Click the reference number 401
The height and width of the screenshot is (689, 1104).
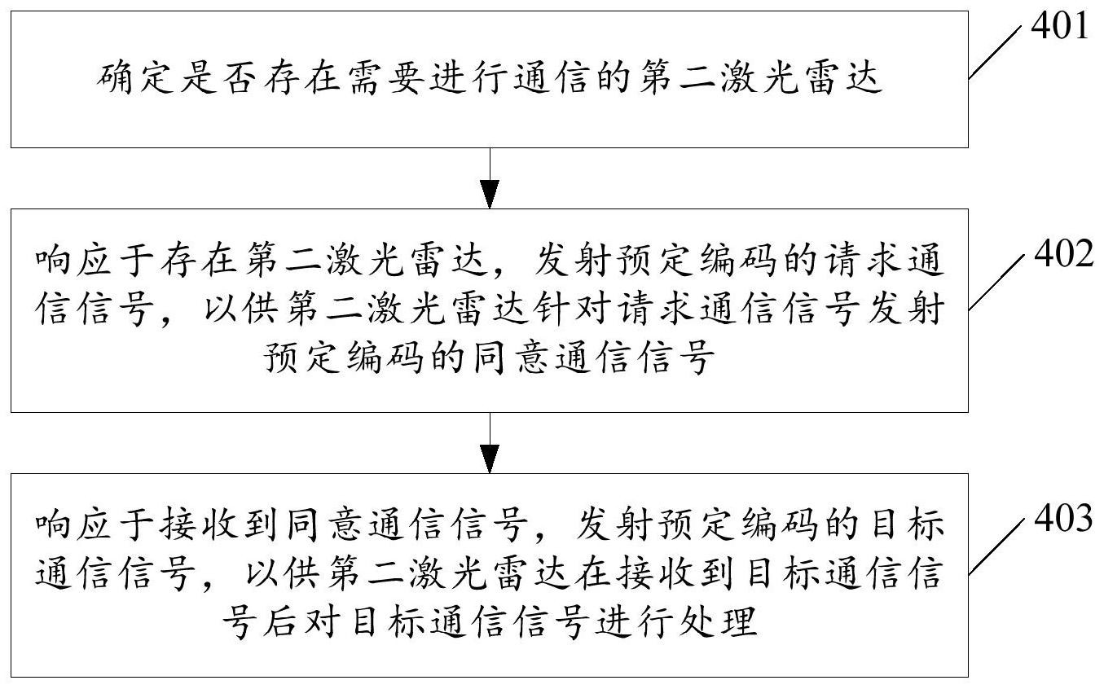pyautogui.click(x=1060, y=27)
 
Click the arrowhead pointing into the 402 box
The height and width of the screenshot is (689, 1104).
pyautogui.click(x=489, y=195)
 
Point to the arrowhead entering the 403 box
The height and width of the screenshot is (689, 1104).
pyautogui.click(x=489, y=459)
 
